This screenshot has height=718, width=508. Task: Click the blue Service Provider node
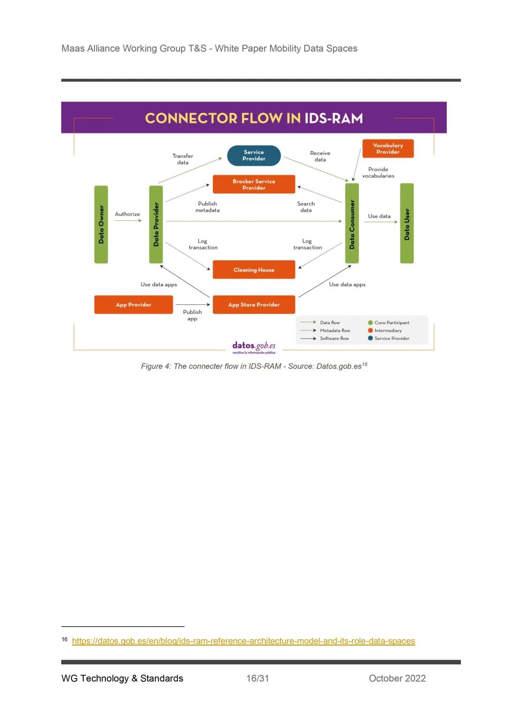pyautogui.click(x=254, y=156)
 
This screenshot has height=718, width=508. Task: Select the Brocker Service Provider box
pyautogui.click(x=254, y=184)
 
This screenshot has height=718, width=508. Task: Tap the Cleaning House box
pyautogui.click(x=254, y=270)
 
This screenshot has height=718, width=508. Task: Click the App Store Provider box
pyautogui.click(x=254, y=304)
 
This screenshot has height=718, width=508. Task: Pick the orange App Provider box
pyautogui.click(x=134, y=304)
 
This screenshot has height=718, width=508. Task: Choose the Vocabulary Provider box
pyautogui.click(x=388, y=148)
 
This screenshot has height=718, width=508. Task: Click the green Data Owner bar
pyautogui.click(x=101, y=225)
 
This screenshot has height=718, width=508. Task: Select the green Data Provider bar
pyautogui.click(x=156, y=225)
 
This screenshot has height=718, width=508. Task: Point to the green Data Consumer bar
pyautogui.click(x=352, y=224)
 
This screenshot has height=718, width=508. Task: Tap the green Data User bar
pyautogui.click(x=407, y=224)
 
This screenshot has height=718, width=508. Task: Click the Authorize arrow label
pyautogui.click(x=127, y=214)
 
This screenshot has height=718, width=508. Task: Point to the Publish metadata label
pyautogui.click(x=207, y=207)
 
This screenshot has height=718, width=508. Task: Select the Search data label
pyautogui.click(x=306, y=207)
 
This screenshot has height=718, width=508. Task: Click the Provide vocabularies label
pyautogui.click(x=378, y=172)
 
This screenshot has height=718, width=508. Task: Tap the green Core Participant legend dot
pyautogui.click(x=371, y=323)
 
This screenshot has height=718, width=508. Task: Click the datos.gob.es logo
pyautogui.click(x=254, y=347)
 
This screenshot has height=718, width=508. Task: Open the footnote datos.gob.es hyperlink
pyautogui.click(x=243, y=641)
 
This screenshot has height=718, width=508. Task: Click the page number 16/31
pyautogui.click(x=258, y=678)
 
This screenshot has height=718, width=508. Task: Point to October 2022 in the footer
pyautogui.click(x=397, y=678)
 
